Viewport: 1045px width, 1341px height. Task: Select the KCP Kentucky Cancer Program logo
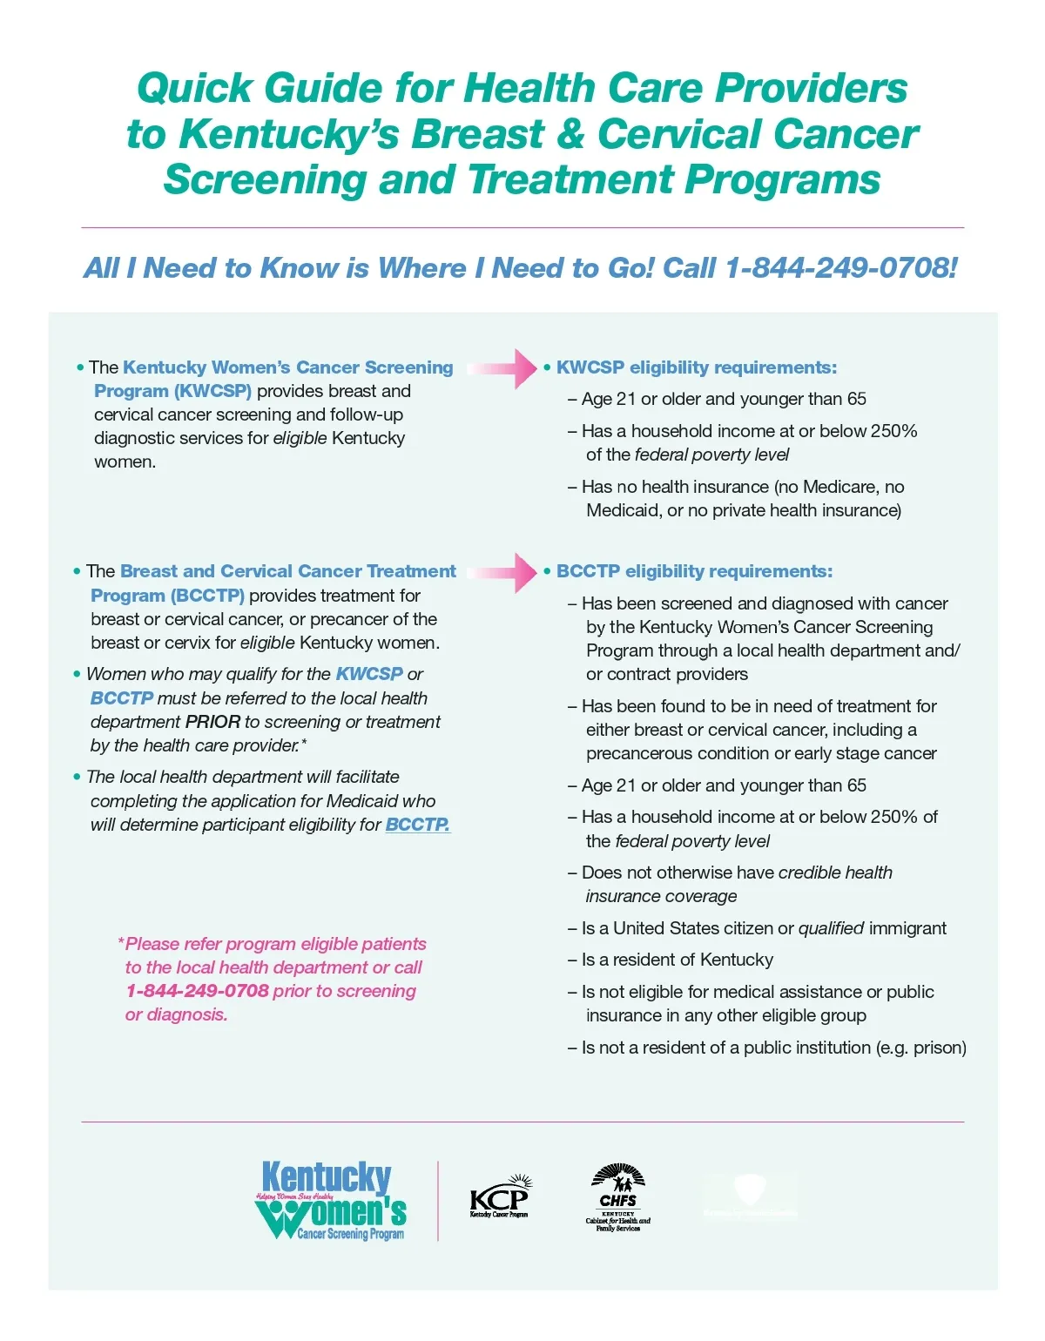[x=500, y=1196]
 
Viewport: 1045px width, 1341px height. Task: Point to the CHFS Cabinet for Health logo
[x=617, y=1198]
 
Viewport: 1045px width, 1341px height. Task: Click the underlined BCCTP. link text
[x=417, y=825]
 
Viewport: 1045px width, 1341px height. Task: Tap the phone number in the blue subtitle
[x=840, y=268]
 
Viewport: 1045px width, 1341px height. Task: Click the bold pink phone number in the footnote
[x=197, y=991]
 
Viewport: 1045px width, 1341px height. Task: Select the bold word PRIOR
[x=212, y=722]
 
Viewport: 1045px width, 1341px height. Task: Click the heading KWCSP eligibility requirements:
[x=696, y=367]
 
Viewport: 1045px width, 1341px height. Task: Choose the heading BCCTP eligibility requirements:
[x=694, y=571]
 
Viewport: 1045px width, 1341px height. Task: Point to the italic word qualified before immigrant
[x=831, y=928]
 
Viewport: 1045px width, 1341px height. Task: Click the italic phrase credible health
[x=835, y=873]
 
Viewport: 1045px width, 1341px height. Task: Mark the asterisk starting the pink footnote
[x=121, y=942]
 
